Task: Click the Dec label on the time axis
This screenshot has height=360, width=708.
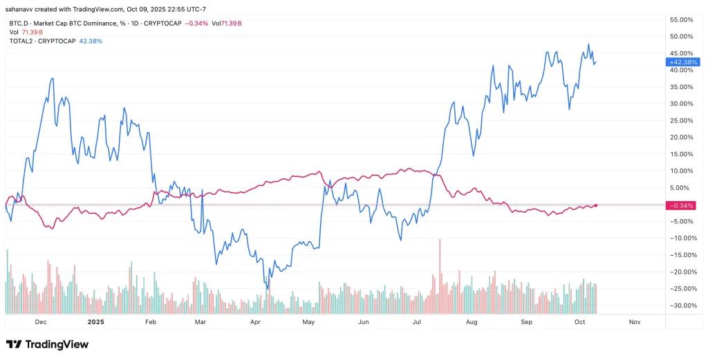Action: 41,322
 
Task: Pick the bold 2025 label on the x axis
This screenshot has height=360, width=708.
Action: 95,322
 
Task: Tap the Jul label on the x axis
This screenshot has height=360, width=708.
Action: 417,322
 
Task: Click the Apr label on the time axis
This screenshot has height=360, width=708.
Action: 255,322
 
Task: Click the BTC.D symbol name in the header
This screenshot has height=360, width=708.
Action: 13,23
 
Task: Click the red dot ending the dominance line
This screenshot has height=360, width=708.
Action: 596,205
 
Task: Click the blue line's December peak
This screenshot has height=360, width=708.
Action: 53,79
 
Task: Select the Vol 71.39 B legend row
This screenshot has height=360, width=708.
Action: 25,32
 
